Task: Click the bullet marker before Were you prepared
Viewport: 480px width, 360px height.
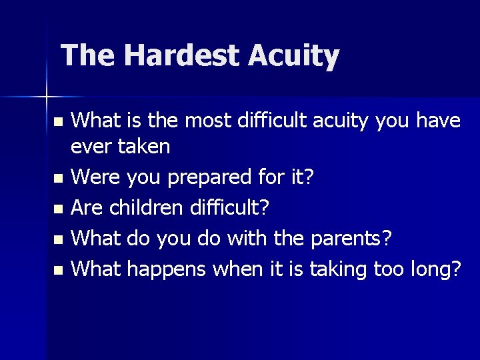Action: pyautogui.click(x=58, y=179)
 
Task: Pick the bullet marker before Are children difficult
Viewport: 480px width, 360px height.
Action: pyautogui.click(x=58, y=209)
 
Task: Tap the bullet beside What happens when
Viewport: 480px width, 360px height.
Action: pyautogui.click(x=58, y=270)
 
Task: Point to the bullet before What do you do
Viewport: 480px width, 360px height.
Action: pyautogui.click(x=58, y=239)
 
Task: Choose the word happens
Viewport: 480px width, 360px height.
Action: pyautogui.click(x=167, y=270)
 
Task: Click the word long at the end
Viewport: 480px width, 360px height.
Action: pyautogui.click(x=434, y=270)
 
